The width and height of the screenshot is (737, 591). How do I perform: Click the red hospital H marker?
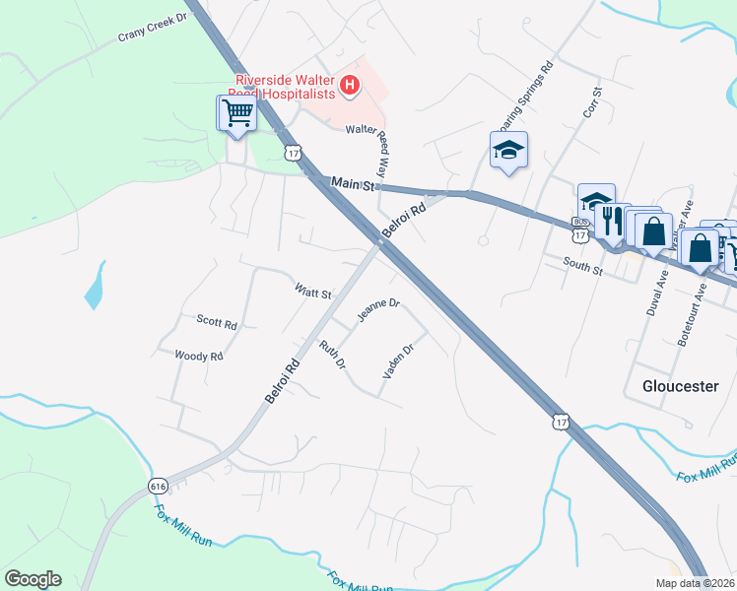pos(349,87)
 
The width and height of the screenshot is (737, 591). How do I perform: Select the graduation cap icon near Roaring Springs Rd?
pos(508,150)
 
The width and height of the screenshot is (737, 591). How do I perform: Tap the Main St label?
pos(354,184)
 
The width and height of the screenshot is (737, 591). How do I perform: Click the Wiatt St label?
pos(313,293)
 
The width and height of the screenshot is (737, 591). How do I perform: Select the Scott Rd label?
pos(217,322)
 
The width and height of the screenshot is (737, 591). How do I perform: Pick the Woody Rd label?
pos(198,356)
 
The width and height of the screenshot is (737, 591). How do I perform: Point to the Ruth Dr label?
pos(333,356)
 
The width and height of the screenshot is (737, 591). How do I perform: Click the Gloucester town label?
pos(680,386)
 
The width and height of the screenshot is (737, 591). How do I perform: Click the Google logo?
pos(33,579)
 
